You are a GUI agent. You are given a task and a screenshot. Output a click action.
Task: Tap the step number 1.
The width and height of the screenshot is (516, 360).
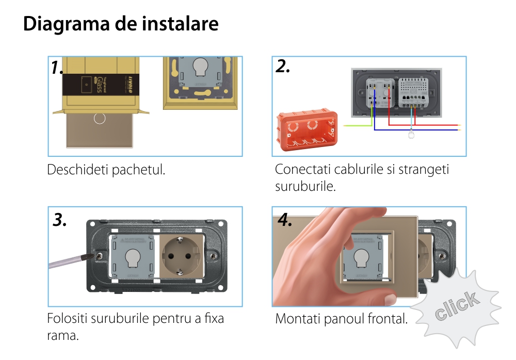pyautogui.click(x=57, y=67)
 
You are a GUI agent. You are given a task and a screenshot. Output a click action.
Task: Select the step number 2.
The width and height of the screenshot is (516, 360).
pyautogui.click(x=283, y=66)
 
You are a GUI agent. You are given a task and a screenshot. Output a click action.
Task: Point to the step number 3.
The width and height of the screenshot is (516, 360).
pyautogui.click(x=60, y=220)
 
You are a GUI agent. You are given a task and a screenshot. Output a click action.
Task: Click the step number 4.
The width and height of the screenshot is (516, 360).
pyautogui.click(x=285, y=220)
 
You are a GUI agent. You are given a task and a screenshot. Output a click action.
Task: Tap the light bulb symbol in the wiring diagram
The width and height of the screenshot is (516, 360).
pyautogui.click(x=411, y=136)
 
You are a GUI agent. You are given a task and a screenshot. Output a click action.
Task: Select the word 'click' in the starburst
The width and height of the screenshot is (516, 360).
pyautogui.click(x=456, y=306)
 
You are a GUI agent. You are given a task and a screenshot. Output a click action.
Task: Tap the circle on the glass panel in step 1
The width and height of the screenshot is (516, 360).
pyautogui.click(x=100, y=118)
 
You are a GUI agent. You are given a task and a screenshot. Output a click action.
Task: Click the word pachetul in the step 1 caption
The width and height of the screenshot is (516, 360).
pyautogui.click(x=139, y=170)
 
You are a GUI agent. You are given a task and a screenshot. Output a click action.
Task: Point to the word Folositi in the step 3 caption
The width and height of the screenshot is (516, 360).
pyautogui.click(x=67, y=318)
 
